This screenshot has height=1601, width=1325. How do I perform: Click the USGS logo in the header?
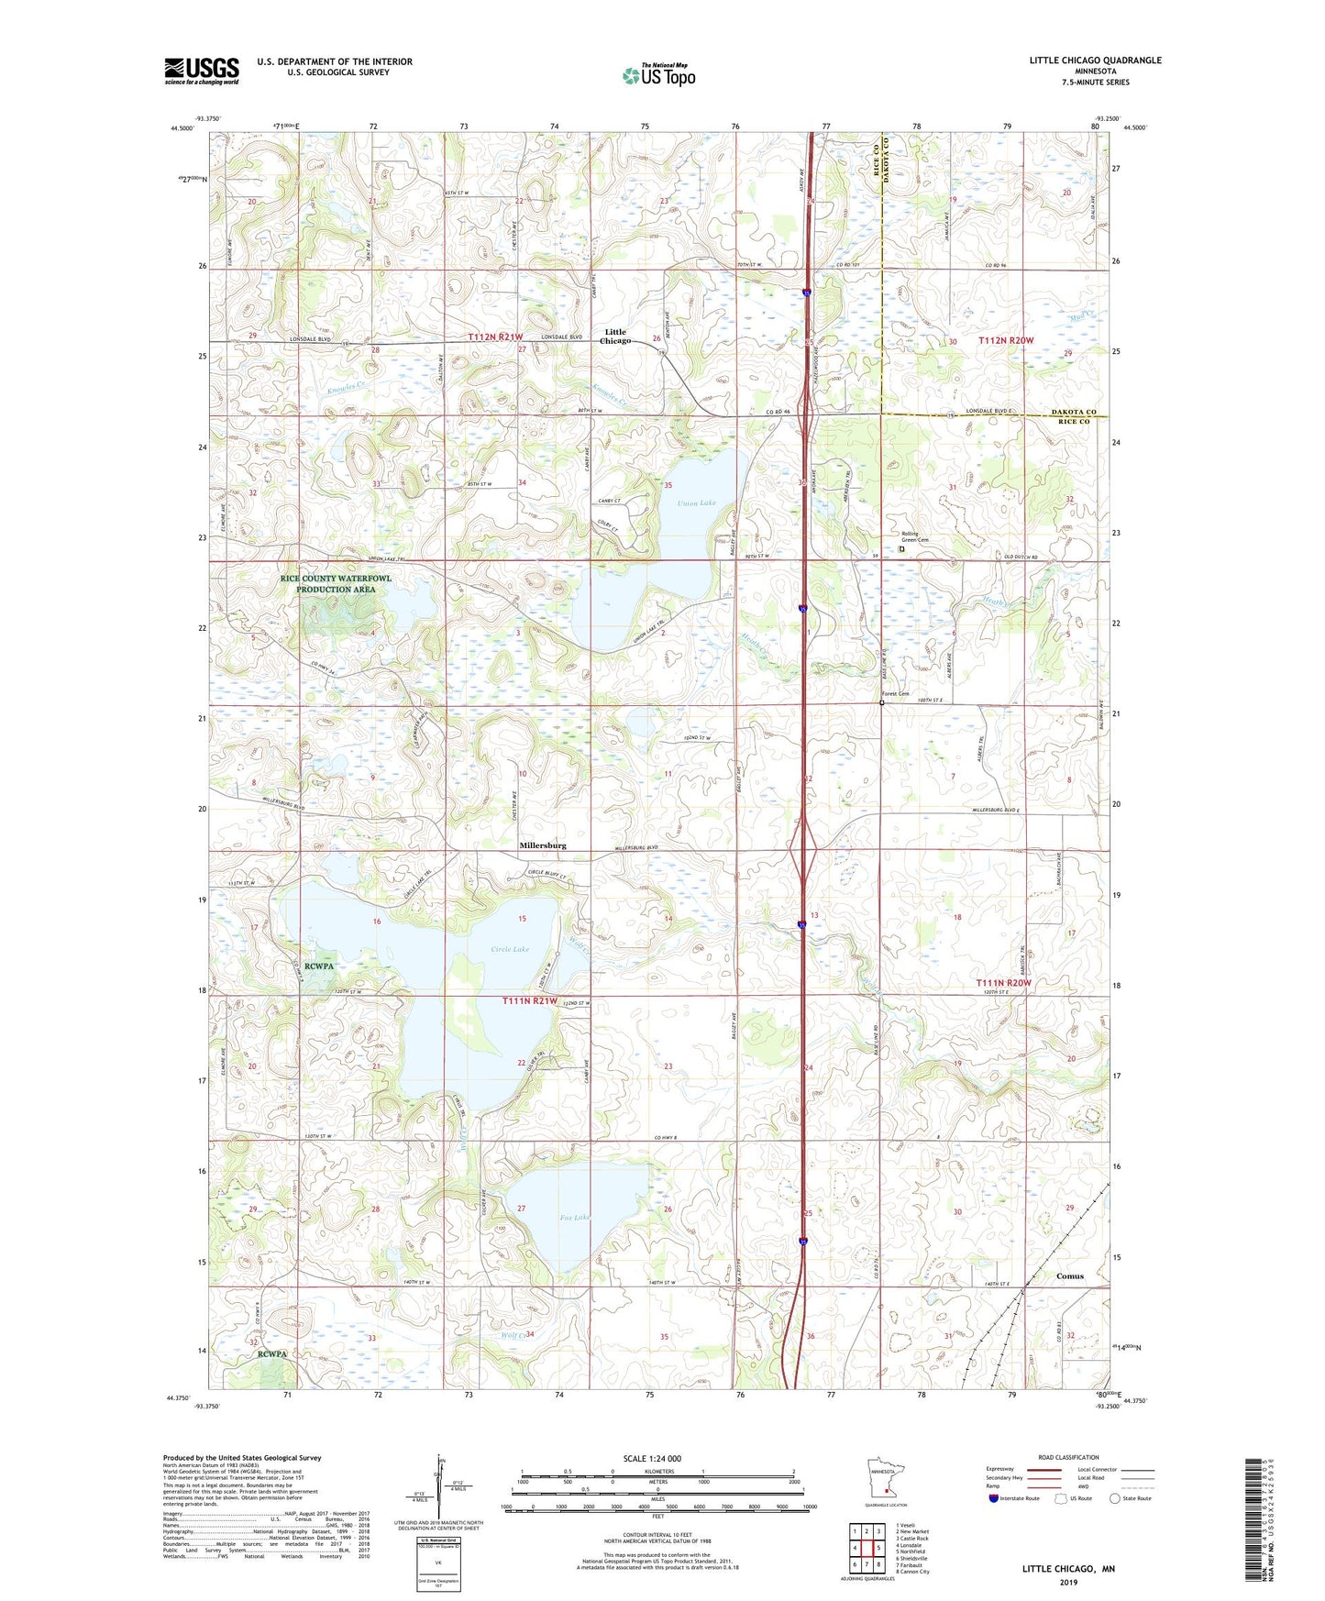click(x=202, y=71)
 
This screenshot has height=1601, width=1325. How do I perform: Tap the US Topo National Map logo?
click(x=658, y=75)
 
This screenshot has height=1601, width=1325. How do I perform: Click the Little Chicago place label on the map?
click(x=615, y=337)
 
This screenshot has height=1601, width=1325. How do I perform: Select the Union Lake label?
click(x=696, y=503)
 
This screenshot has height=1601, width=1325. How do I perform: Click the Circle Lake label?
click(x=510, y=949)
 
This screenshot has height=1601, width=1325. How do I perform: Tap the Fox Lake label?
click(x=575, y=1218)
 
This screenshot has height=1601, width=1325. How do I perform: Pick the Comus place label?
click(x=1069, y=1276)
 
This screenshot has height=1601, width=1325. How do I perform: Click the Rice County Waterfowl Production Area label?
click(x=336, y=584)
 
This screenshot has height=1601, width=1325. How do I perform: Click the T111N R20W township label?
click(x=1003, y=983)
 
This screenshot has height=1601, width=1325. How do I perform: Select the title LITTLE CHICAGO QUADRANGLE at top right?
click(x=1095, y=61)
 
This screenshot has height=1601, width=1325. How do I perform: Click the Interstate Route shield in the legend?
click(x=994, y=1499)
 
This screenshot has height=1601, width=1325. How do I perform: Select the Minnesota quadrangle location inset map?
click(x=886, y=1477)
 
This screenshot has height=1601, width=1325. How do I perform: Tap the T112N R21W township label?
click(x=495, y=337)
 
